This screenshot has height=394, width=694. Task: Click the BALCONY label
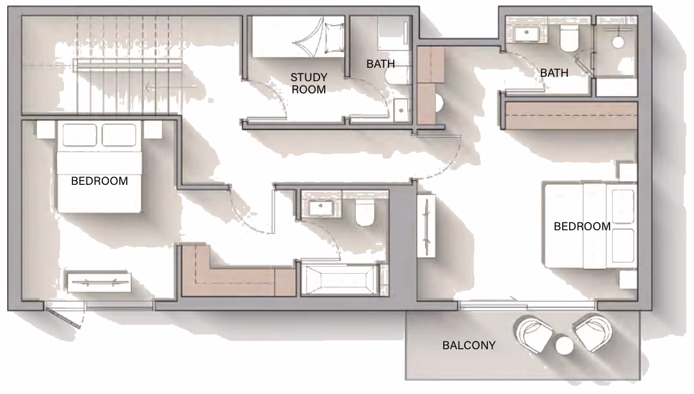469,345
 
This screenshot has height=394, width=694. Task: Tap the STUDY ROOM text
309,83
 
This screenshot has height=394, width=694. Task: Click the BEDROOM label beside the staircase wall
99,181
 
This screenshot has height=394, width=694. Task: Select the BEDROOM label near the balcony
582,226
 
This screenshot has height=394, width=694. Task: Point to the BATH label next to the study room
380,64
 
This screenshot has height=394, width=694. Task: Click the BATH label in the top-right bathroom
554,72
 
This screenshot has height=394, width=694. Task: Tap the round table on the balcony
564,345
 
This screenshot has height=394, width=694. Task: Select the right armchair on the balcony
593,333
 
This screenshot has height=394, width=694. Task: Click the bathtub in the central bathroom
340,279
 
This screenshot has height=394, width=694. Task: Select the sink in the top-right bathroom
526,33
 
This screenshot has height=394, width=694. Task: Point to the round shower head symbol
618,42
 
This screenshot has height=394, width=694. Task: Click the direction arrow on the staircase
172,87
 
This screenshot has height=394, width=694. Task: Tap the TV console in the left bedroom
99,282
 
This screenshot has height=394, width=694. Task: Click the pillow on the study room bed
334,38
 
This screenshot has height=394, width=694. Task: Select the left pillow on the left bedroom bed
79,135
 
